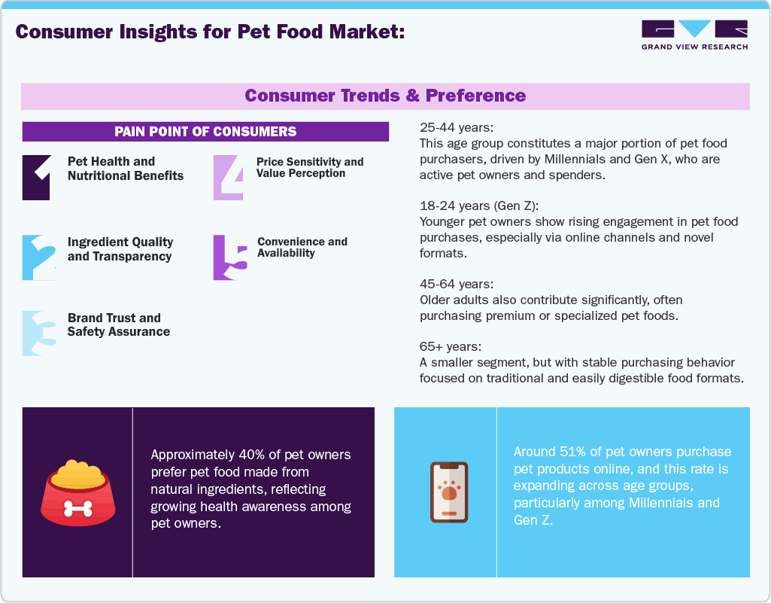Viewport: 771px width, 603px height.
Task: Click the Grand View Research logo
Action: [x=694, y=35]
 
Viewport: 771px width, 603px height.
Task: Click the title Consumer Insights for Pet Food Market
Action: [x=211, y=32]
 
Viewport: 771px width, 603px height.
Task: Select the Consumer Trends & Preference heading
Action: [x=385, y=96]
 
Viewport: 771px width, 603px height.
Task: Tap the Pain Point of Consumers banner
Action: [x=205, y=132]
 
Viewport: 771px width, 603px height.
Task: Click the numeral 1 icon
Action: [x=37, y=177]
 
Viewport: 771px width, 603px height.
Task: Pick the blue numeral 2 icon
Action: [x=38, y=257]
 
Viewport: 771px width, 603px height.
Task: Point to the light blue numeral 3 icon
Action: [x=38, y=333]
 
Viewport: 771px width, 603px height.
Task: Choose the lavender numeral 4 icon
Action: [x=229, y=177]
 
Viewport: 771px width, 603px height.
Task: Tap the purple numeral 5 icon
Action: [x=229, y=257]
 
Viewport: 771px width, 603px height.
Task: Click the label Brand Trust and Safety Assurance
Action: [x=119, y=324]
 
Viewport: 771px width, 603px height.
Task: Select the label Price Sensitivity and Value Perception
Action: [x=310, y=167]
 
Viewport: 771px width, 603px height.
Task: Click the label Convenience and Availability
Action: [x=302, y=247]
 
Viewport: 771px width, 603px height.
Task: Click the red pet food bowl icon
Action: [x=78, y=492]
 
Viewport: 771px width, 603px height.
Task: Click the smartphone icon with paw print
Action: [x=449, y=492]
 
